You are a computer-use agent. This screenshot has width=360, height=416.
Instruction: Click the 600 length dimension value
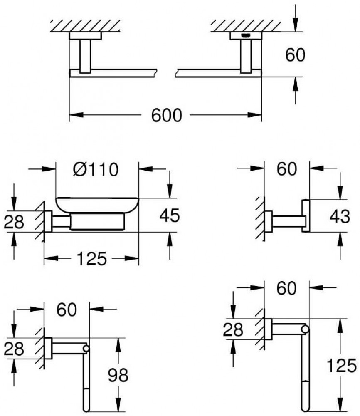tap(166, 115)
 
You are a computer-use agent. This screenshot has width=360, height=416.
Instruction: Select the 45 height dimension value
tap(169, 215)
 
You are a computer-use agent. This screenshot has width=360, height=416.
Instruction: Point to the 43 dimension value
tap(340, 216)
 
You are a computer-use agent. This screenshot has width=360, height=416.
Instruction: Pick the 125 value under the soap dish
tap(91, 260)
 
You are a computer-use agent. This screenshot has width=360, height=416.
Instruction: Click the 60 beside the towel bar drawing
tap(295, 55)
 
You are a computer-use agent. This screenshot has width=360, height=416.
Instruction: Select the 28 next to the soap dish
tap(14, 222)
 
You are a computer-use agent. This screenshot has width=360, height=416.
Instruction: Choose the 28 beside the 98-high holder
tap(14, 349)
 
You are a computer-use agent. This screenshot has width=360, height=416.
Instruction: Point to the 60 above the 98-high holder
tap(66, 310)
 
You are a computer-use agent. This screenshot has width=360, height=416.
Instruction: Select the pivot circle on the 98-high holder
tap(86, 348)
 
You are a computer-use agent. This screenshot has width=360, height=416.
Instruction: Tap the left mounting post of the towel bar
tap(85, 56)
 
